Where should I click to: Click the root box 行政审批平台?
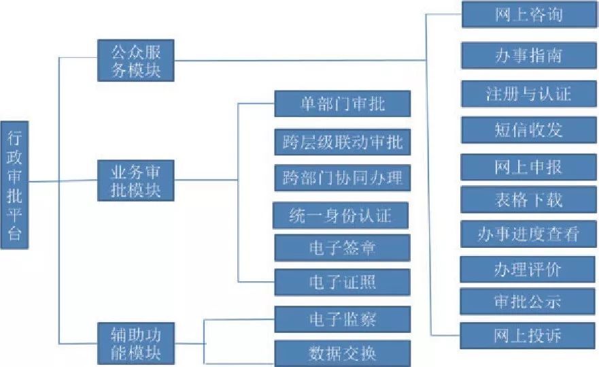[x=14, y=185]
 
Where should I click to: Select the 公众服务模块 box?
[x=135, y=61]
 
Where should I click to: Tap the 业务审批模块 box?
[x=135, y=180]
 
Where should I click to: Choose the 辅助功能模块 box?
[x=135, y=344]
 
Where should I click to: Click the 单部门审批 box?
[x=342, y=104]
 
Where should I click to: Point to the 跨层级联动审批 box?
[x=342, y=142]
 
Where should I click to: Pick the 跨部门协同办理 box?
[x=342, y=178]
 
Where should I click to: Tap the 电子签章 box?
[x=342, y=248]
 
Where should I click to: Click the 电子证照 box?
[x=342, y=282]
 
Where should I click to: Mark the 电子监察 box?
[x=342, y=319]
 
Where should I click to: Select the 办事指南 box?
[x=528, y=56]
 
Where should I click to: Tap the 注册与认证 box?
[x=528, y=93]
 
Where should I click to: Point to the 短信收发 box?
[x=528, y=129]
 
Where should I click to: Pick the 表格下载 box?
[x=528, y=200]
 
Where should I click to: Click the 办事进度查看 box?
[x=528, y=234]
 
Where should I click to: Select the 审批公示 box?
[x=528, y=301]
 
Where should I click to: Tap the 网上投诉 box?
[x=528, y=335]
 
